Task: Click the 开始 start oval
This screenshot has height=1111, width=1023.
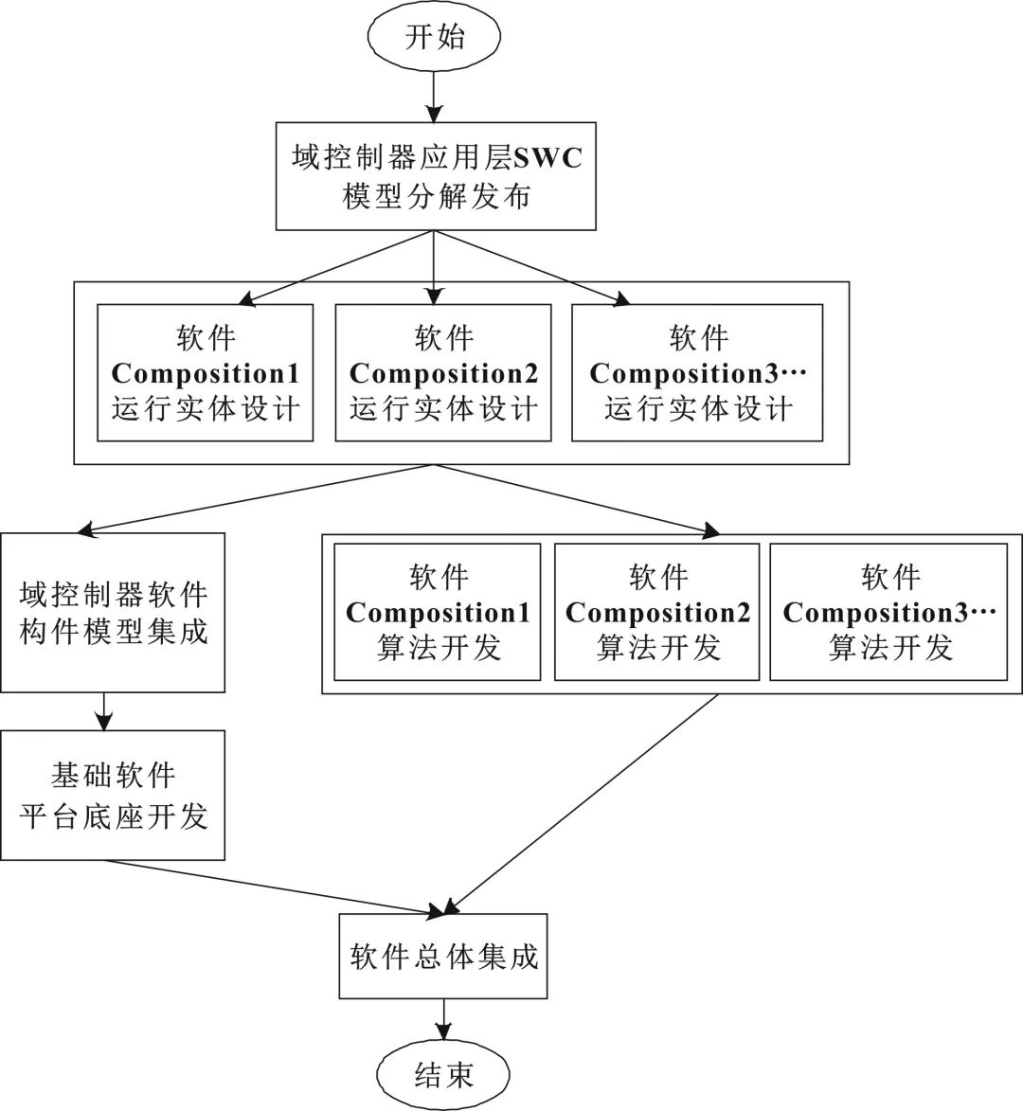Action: (435, 38)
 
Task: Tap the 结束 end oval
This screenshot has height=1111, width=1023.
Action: (443, 1074)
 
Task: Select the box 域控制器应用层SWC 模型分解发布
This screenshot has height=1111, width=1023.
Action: (436, 176)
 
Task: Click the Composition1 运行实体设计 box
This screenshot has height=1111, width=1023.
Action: (206, 372)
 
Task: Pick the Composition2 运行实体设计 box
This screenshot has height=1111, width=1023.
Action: (443, 372)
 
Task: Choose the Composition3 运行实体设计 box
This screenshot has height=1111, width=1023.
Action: (697, 372)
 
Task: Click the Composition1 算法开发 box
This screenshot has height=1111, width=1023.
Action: (438, 612)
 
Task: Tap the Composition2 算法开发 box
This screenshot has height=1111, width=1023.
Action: (657, 612)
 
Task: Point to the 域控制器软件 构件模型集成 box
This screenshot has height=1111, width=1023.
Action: (113, 612)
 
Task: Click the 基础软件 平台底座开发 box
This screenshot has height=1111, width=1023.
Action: (113, 795)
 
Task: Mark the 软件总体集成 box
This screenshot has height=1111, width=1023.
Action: (443, 956)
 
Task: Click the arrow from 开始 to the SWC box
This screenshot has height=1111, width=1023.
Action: (433, 96)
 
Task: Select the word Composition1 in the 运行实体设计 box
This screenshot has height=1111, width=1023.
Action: (206, 373)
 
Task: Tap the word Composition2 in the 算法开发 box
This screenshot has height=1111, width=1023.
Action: (657, 613)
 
